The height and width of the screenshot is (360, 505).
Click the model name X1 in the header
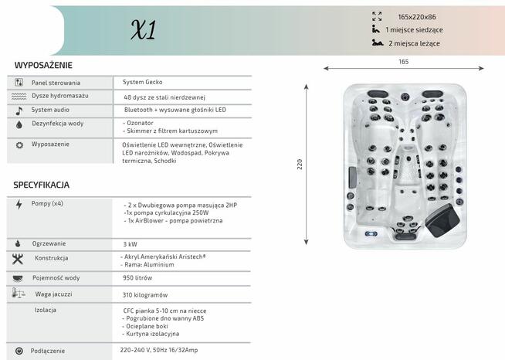(144, 30)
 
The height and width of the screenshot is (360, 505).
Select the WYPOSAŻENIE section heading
(43, 66)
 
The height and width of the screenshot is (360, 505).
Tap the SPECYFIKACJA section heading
(42, 185)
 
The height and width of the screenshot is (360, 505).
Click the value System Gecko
(143, 82)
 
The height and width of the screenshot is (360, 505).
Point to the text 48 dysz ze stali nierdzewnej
(164, 97)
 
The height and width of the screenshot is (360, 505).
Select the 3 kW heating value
(130, 244)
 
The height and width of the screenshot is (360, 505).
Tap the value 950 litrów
(137, 277)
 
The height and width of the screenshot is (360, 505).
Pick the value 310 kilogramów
(145, 295)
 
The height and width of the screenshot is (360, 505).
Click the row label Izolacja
(46, 310)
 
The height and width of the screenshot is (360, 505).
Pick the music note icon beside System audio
(19, 110)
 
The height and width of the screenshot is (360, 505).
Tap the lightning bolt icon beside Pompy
(19, 205)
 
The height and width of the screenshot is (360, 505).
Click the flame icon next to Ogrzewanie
(19, 244)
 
